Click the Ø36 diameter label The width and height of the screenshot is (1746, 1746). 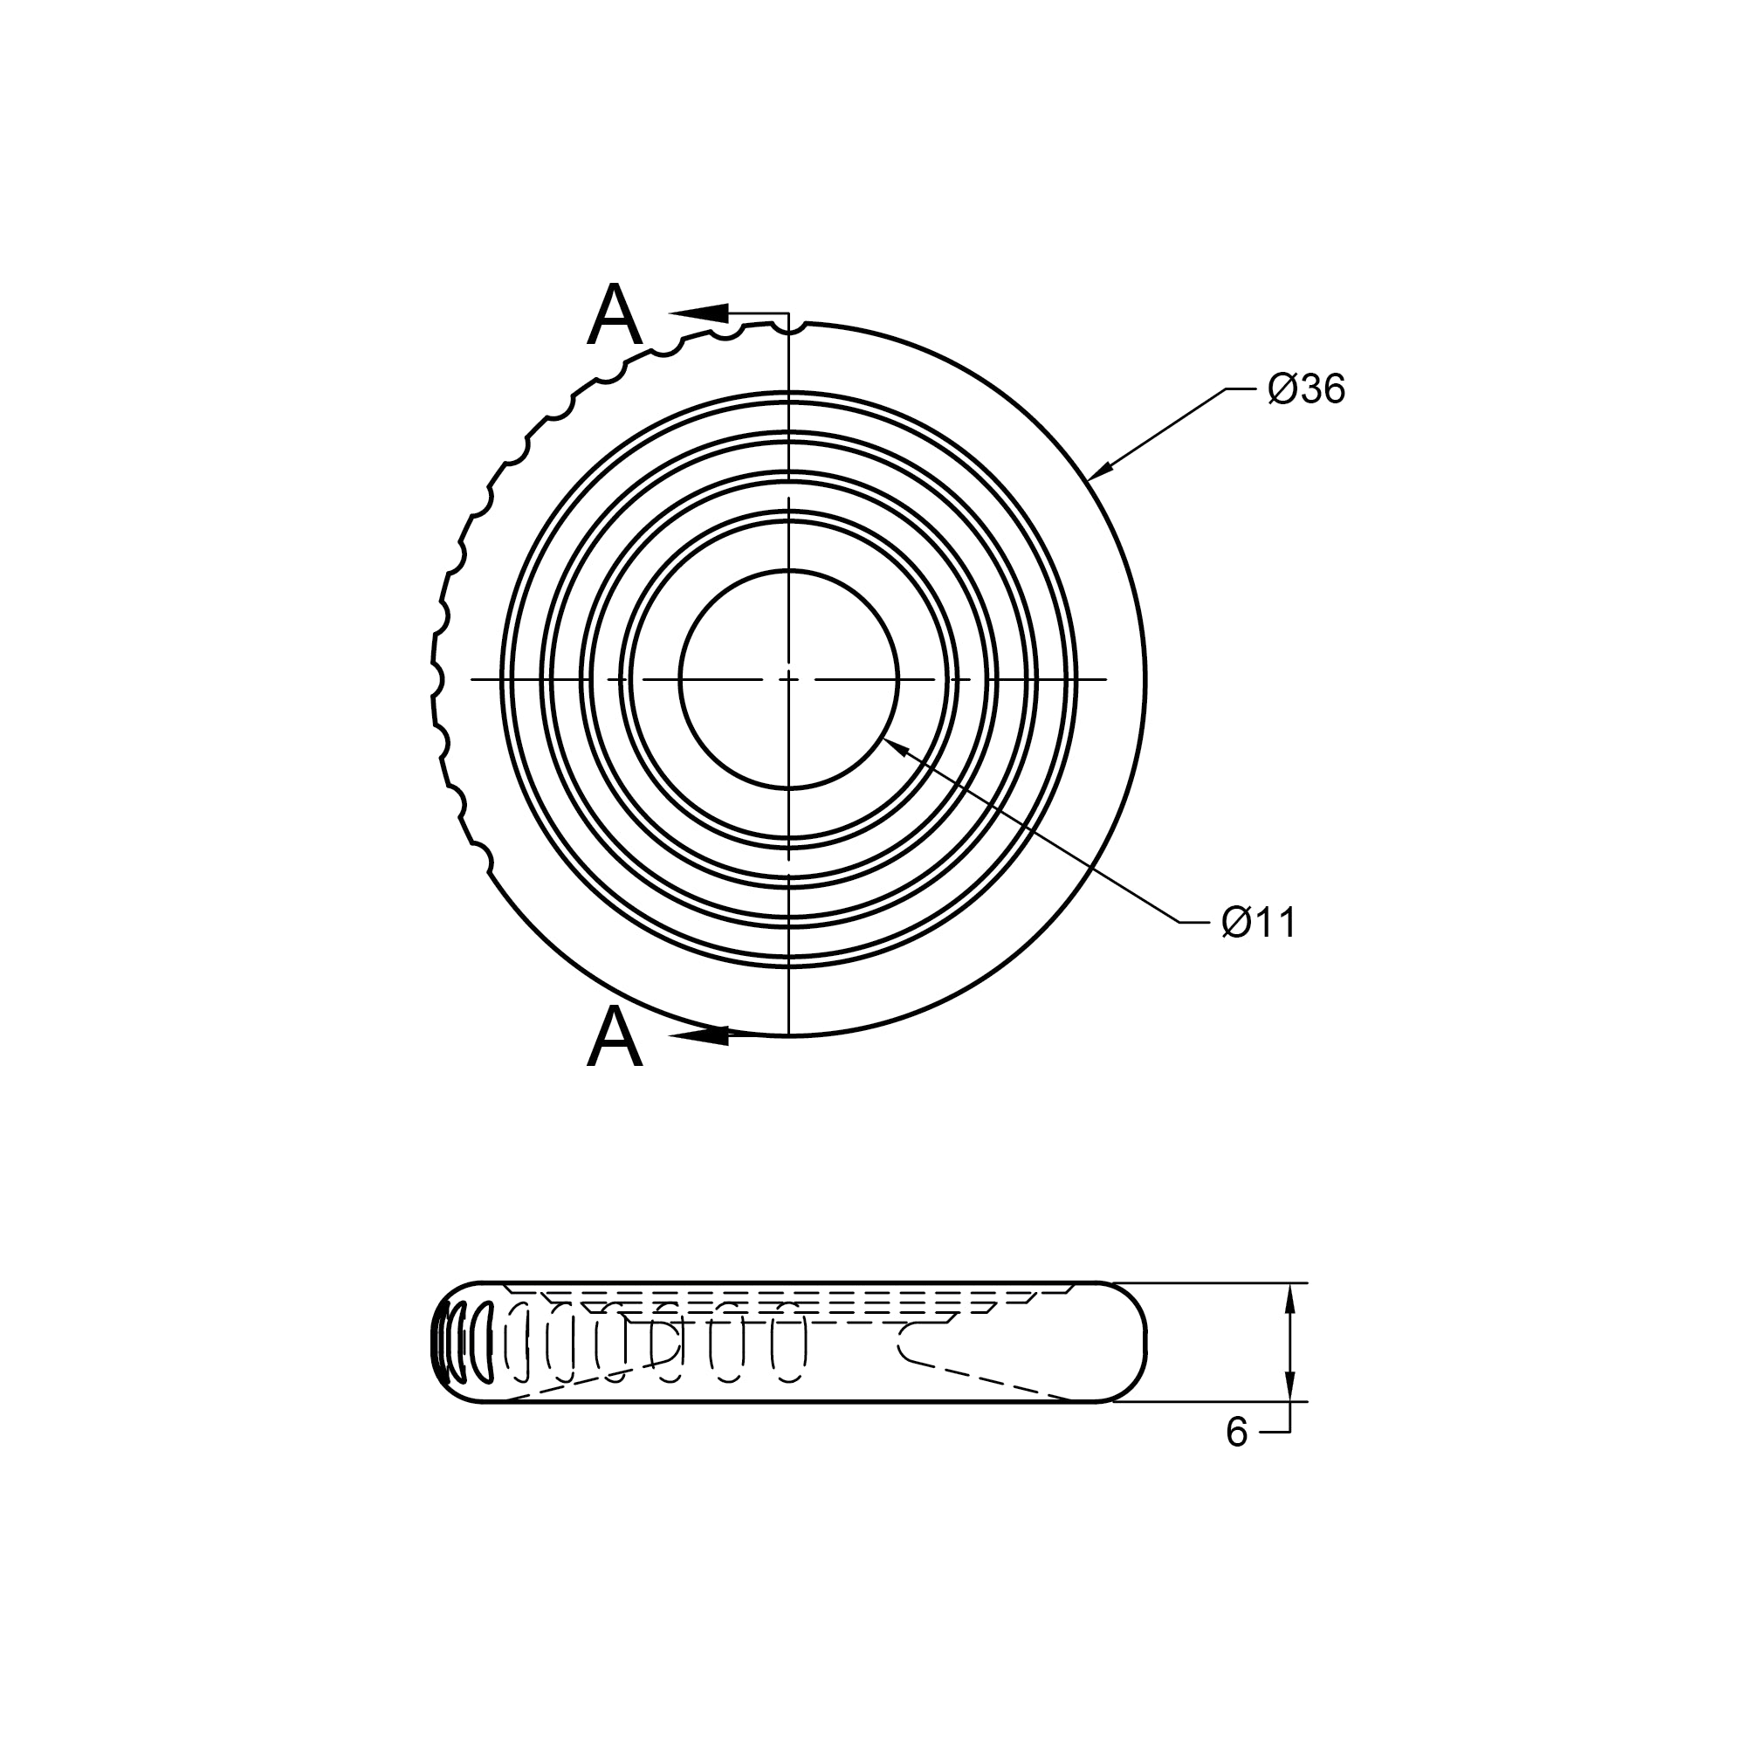pyautogui.click(x=1306, y=389)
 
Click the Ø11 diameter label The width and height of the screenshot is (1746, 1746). pyautogui.click(x=1259, y=923)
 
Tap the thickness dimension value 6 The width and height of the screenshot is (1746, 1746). pyautogui.click(x=1236, y=1433)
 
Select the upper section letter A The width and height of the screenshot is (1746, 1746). pyautogui.click(x=615, y=314)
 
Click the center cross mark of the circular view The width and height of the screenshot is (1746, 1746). pyautogui.click(x=789, y=677)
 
